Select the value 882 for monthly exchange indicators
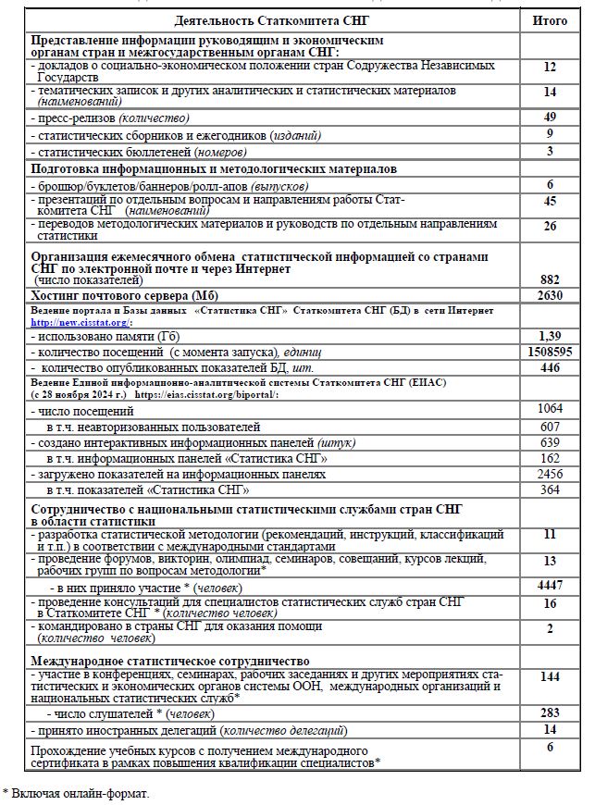point(550,279)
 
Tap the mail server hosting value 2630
point(550,295)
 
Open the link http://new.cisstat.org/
point(81,323)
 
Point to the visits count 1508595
point(550,352)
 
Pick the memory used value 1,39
point(550,335)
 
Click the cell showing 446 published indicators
point(550,367)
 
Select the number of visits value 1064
point(550,410)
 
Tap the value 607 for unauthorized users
point(550,427)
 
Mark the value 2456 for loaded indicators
point(550,474)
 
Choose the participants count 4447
point(550,586)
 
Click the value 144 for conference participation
point(550,677)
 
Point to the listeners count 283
point(550,712)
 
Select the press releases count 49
point(550,117)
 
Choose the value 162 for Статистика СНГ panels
point(550,458)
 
